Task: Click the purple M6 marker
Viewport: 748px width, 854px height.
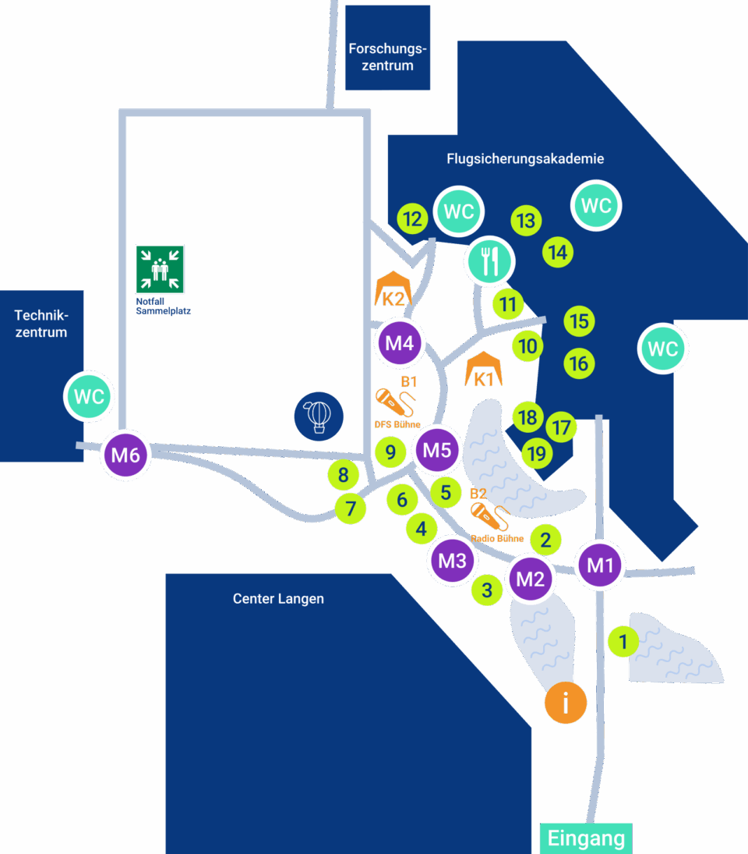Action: (x=125, y=455)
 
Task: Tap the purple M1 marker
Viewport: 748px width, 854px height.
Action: (x=600, y=565)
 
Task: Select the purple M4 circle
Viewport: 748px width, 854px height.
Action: (x=400, y=343)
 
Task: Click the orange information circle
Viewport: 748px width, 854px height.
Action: (x=566, y=703)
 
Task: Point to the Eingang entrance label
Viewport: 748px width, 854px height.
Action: (x=586, y=838)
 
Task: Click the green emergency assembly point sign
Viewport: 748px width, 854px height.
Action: (x=160, y=269)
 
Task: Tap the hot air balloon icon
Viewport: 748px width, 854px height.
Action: (x=319, y=416)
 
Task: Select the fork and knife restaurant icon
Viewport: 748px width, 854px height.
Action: (x=490, y=261)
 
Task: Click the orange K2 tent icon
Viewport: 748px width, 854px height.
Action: (x=393, y=290)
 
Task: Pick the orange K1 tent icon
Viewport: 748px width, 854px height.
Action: (x=484, y=369)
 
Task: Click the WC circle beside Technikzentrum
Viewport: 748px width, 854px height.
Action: (x=89, y=396)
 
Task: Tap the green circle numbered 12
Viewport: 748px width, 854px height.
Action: (x=412, y=219)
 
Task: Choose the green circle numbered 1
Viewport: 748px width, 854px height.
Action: (x=623, y=642)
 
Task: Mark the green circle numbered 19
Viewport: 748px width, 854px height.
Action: (x=537, y=453)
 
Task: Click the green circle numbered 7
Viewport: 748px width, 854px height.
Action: (x=351, y=509)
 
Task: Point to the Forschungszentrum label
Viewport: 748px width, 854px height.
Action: (x=387, y=57)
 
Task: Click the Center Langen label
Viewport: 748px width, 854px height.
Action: (x=278, y=598)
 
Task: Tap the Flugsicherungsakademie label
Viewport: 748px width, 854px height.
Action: (x=525, y=158)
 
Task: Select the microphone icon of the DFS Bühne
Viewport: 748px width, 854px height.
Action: (x=396, y=402)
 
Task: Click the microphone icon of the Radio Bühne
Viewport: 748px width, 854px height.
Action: (x=490, y=516)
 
